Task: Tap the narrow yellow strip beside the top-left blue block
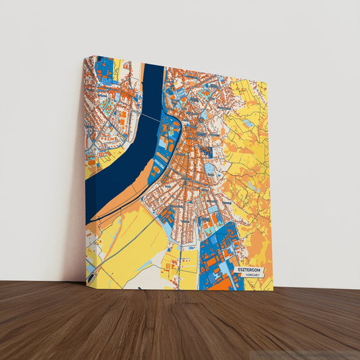tap(117, 67)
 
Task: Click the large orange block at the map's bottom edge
tap(219, 284)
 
